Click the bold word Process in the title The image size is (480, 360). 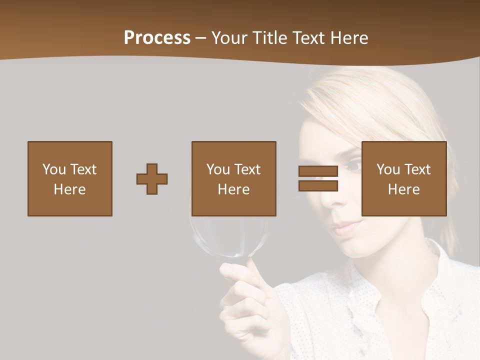click(x=157, y=38)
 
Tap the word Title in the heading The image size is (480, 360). click(x=269, y=38)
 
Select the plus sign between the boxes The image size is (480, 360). click(x=152, y=179)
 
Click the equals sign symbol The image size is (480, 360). click(x=318, y=178)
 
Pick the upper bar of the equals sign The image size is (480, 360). click(x=318, y=171)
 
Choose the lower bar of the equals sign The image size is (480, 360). click(x=318, y=186)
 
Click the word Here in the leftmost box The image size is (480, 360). click(x=69, y=189)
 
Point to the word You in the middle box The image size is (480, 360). click(x=218, y=169)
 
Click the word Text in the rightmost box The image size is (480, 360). click(x=417, y=169)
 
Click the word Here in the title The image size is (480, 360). click(x=349, y=38)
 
